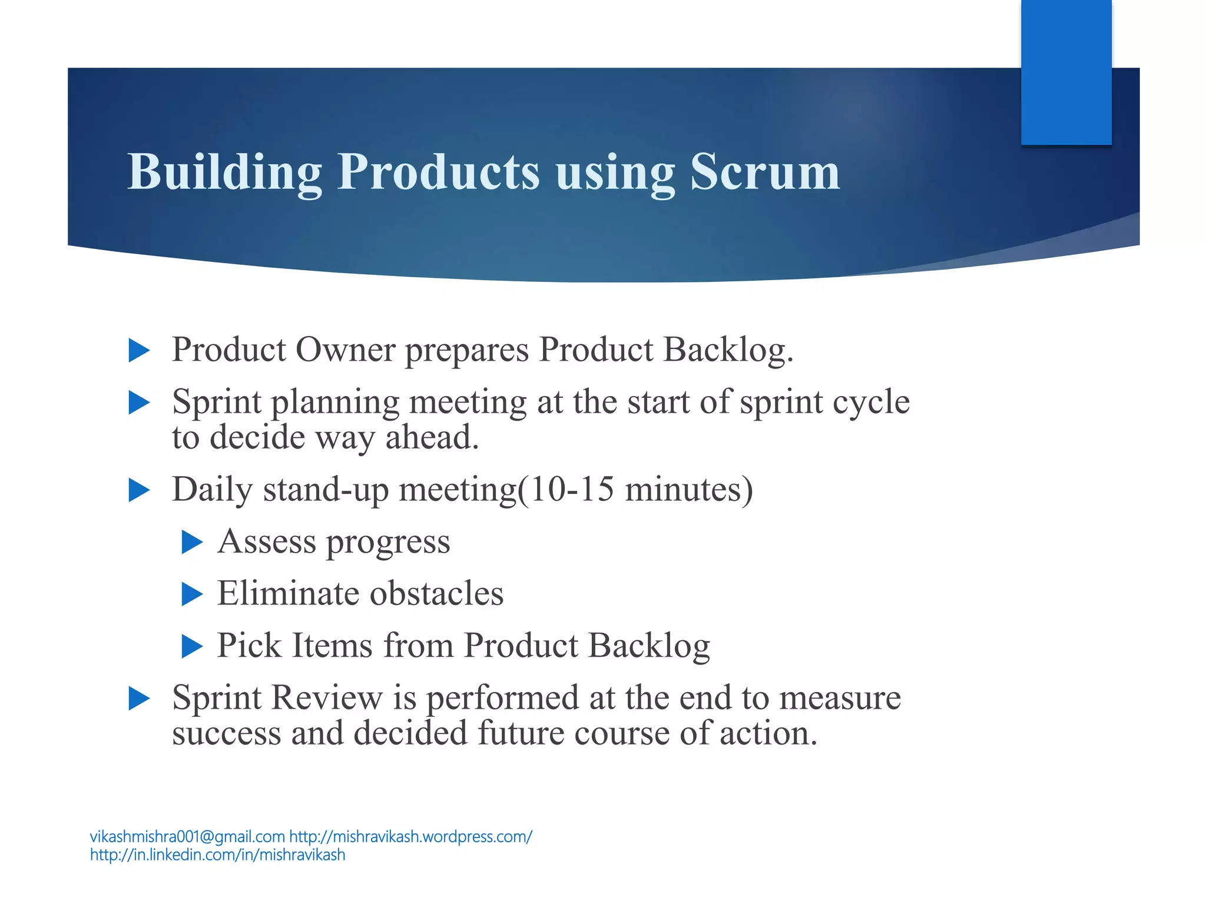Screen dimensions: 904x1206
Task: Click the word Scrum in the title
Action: tap(764, 172)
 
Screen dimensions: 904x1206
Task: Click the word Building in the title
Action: tap(224, 172)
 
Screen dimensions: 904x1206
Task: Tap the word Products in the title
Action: tap(438, 172)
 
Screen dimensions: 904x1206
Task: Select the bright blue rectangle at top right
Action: tap(1066, 72)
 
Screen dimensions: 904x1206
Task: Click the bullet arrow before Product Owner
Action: tap(139, 351)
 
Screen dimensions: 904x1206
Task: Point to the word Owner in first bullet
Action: tap(345, 350)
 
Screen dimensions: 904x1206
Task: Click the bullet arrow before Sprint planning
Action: tap(139, 403)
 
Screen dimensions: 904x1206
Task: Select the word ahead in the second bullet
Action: tap(432, 437)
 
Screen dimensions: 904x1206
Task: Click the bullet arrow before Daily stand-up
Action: tap(139, 490)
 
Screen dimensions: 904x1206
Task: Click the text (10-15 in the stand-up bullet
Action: tap(565, 489)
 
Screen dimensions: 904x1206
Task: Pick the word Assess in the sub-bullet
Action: tap(266, 541)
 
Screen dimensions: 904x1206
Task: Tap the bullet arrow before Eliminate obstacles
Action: tap(192, 594)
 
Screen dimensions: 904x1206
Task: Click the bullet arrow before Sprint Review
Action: tap(139, 699)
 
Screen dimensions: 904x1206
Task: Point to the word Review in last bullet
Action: tap(327, 698)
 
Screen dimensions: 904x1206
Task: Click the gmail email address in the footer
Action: tap(187, 836)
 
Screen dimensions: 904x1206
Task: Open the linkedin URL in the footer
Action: tap(217, 855)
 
